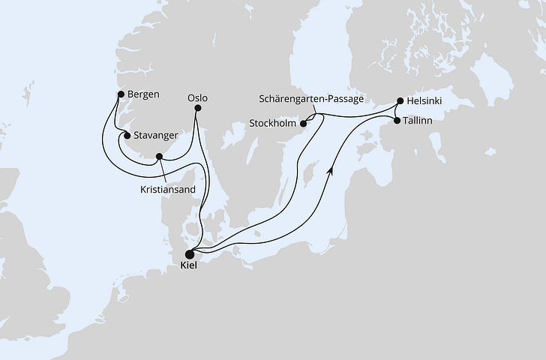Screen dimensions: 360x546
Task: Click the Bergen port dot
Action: tap(120, 94)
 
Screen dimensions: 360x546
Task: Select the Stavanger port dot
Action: tap(127, 136)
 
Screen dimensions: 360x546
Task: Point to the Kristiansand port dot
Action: tap(158, 157)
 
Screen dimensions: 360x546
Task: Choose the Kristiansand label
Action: tap(168, 190)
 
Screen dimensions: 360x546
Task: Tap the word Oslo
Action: tap(198, 97)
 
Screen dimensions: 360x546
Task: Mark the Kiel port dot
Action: tap(189, 254)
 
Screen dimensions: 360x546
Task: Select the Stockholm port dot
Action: tap(304, 124)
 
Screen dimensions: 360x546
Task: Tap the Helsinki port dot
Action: tap(400, 100)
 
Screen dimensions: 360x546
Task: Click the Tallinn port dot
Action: tap(397, 119)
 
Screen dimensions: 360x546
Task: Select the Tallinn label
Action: tap(420, 120)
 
